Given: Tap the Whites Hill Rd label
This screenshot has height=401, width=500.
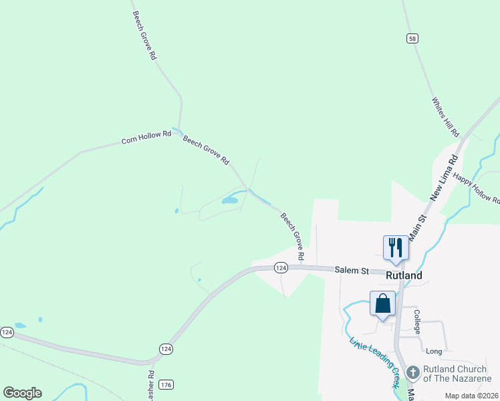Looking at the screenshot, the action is coord(445,118).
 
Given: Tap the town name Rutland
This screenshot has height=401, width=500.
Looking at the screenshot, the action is coord(404,275).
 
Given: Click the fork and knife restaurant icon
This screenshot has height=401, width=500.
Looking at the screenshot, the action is coord(395,247).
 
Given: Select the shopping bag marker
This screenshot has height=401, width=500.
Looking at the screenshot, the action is coord(382,303).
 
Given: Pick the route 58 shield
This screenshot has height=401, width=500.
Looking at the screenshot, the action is coord(412,39).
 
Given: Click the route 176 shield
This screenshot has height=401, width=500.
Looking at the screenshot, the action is coord(166,384).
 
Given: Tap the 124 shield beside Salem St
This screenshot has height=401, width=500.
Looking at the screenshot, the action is coord(281,267).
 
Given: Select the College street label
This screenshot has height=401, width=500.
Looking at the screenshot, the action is coord(416,321).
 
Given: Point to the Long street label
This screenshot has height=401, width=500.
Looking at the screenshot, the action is coord(434,351).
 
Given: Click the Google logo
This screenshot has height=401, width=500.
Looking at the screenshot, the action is coord(22,393).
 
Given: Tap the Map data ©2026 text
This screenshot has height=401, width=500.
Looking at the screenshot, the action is coord(472,396).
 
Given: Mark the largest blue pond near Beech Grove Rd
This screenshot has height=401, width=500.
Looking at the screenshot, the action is coord(229,200).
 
